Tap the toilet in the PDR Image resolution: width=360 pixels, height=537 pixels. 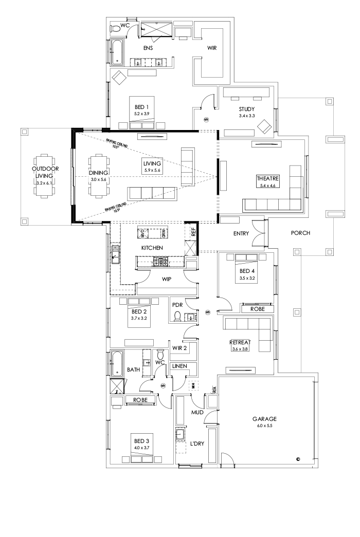178,316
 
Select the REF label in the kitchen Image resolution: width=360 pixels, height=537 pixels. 193,232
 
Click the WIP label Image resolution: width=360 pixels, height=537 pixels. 166,280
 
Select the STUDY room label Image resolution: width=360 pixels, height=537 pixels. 246,109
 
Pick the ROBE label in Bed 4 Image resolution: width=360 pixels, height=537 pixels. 258,309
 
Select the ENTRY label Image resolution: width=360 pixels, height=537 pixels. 241,234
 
